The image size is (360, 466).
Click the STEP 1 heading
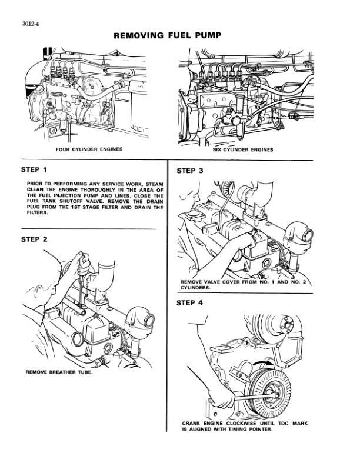pos(34,170)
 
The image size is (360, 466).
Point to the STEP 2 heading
pos(34,239)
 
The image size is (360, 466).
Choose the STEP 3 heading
pos(189,171)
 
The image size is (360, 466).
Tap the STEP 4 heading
pos(189,303)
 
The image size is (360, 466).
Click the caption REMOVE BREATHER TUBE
pos(59,372)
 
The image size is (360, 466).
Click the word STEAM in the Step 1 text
pos(154,184)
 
